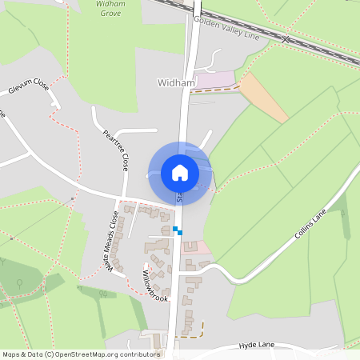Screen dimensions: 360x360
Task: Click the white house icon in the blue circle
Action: [x=179, y=172]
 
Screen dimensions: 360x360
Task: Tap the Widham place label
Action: [x=176, y=82]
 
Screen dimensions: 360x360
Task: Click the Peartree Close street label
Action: [x=115, y=150]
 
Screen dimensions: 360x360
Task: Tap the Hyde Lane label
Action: [x=256, y=345]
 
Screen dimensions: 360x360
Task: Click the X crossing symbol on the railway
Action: [x=286, y=38]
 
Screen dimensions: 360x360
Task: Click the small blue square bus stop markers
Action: [x=177, y=231]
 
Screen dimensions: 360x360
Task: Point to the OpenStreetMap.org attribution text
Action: [x=80, y=354]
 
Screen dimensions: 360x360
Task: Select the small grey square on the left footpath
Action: [x=72, y=198]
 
